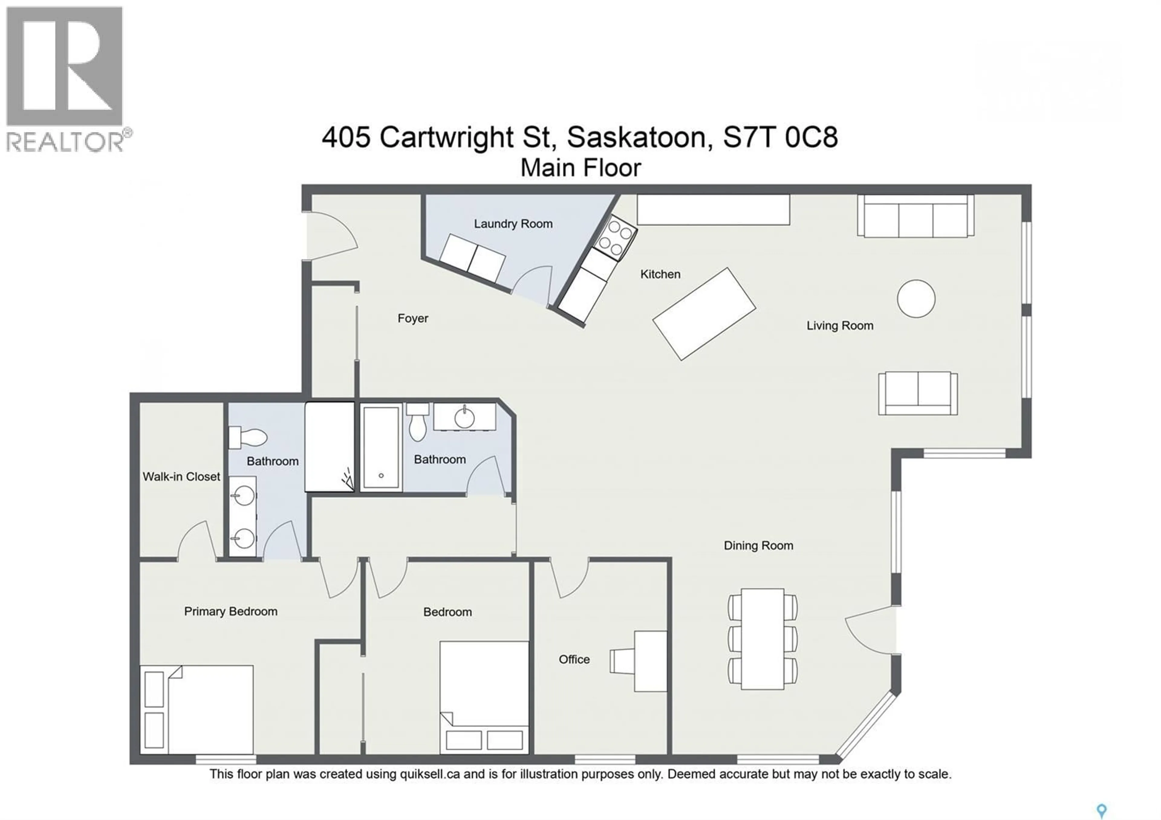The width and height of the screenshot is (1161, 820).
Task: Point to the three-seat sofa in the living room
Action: click(915, 216)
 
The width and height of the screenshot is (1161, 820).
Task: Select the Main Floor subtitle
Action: click(580, 168)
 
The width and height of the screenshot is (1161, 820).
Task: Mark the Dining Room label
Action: click(758, 545)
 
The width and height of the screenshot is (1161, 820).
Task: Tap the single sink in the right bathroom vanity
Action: click(464, 418)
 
